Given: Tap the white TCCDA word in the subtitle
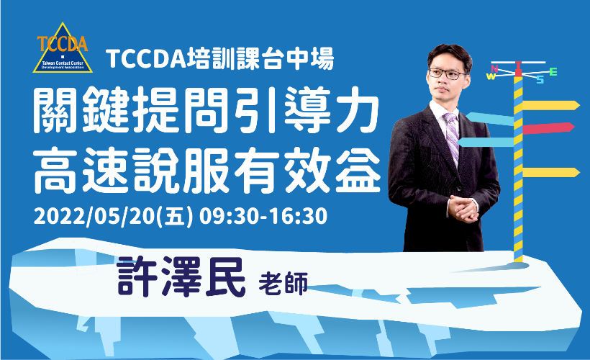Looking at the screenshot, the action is (146, 59).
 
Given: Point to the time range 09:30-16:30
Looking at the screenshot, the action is (263, 217).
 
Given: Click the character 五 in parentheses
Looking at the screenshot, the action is (177, 217).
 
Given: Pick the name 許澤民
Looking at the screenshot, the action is (181, 276).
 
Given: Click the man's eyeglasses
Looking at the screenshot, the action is (447, 73).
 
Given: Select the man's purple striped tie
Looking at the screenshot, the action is (452, 135).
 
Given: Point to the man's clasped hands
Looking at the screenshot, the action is (463, 207).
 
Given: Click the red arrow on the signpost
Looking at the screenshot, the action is (548, 128).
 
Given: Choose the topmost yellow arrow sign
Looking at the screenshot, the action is (551, 105).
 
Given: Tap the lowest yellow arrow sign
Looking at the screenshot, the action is (551, 173).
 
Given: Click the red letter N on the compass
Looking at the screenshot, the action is (494, 69).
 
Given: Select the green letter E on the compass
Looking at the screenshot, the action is (553, 71).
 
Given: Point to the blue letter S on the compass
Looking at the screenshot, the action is (540, 79).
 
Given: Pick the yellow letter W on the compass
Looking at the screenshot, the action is (491, 76).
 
